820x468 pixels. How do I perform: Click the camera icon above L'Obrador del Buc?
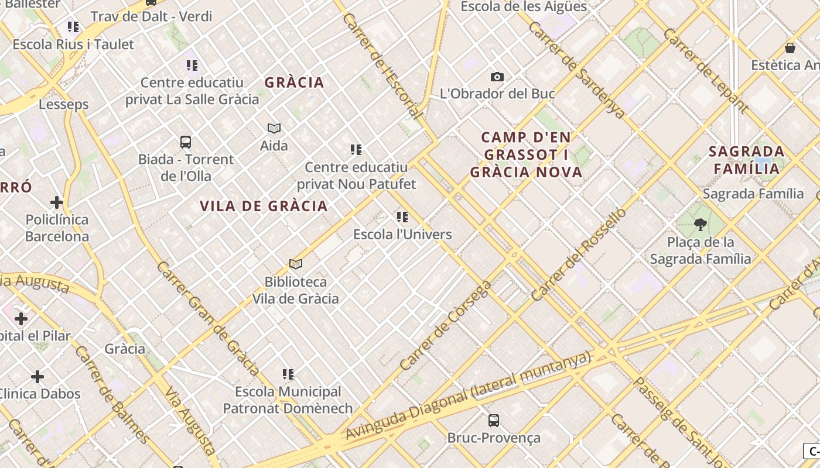[x=497, y=77]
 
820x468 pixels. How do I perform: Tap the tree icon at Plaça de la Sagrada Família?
[x=700, y=224]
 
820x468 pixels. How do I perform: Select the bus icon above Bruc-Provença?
[x=494, y=420]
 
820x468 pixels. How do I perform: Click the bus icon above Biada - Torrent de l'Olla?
[x=186, y=142]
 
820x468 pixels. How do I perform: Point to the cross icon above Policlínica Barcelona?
[x=56, y=202]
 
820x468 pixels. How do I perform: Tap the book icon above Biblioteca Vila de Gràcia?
[x=296, y=264]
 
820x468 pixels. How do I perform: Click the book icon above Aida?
[x=274, y=128]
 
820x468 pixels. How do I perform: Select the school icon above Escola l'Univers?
[x=402, y=217]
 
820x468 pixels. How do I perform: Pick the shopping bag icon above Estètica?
[x=790, y=48]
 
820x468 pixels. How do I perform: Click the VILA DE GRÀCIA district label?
[x=264, y=206]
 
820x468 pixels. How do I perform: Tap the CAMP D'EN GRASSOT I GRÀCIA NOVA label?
[x=526, y=154]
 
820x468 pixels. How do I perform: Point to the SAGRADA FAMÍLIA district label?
[x=746, y=160]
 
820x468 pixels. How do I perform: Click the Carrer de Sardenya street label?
[x=577, y=70]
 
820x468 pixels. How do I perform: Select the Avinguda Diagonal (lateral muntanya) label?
[x=469, y=395]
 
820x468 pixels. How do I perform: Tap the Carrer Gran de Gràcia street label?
[x=208, y=319]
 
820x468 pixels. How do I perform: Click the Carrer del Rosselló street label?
[x=579, y=254]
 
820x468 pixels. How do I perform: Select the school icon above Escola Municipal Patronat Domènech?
[x=288, y=374]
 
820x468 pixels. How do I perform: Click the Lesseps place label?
[x=64, y=104]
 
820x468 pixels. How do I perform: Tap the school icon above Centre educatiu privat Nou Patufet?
[x=356, y=150]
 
